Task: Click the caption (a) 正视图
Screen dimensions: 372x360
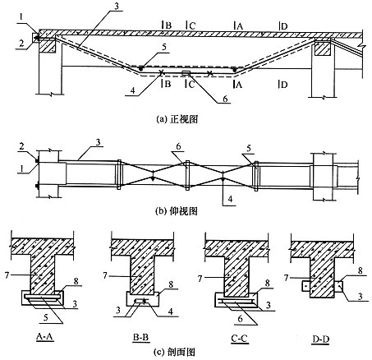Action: pyautogui.click(x=177, y=119)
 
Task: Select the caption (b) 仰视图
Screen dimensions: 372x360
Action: pyautogui.click(x=176, y=211)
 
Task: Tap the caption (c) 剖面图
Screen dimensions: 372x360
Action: pyautogui.click(x=175, y=352)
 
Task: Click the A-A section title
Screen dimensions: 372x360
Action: pyautogui.click(x=45, y=337)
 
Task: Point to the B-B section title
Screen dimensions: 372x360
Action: pyautogui.click(x=140, y=337)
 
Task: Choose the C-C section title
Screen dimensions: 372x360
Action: pyautogui.click(x=239, y=339)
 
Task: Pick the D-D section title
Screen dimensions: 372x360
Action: pyautogui.click(x=320, y=339)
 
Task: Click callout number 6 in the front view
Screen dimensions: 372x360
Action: pyautogui.click(x=225, y=99)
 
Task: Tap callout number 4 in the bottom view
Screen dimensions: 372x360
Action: pyautogui.click(x=230, y=199)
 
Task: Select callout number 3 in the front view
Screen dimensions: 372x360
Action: pyautogui.click(x=117, y=7)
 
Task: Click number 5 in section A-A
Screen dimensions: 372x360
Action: pyautogui.click(x=46, y=317)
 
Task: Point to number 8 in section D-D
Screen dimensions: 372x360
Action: pyautogui.click(x=361, y=270)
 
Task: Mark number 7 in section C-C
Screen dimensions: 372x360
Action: pyautogui.click(x=200, y=279)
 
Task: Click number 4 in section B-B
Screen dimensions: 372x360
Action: pyautogui.click(x=171, y=312)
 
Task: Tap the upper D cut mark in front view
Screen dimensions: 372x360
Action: pyautogui.click(x=283, y=26)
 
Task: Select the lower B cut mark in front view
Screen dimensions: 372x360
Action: pyautogui.click(x=166, y=84)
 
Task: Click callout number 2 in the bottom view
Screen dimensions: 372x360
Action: pyautogui.click(x=22, y=147)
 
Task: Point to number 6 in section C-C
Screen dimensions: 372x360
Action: pyautogui.click(x=240, y=318)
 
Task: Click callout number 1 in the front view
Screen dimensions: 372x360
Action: pyautogui.click(x=21, y=17)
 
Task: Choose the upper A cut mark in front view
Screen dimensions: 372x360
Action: pyautogui.click(x=238, y=26)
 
